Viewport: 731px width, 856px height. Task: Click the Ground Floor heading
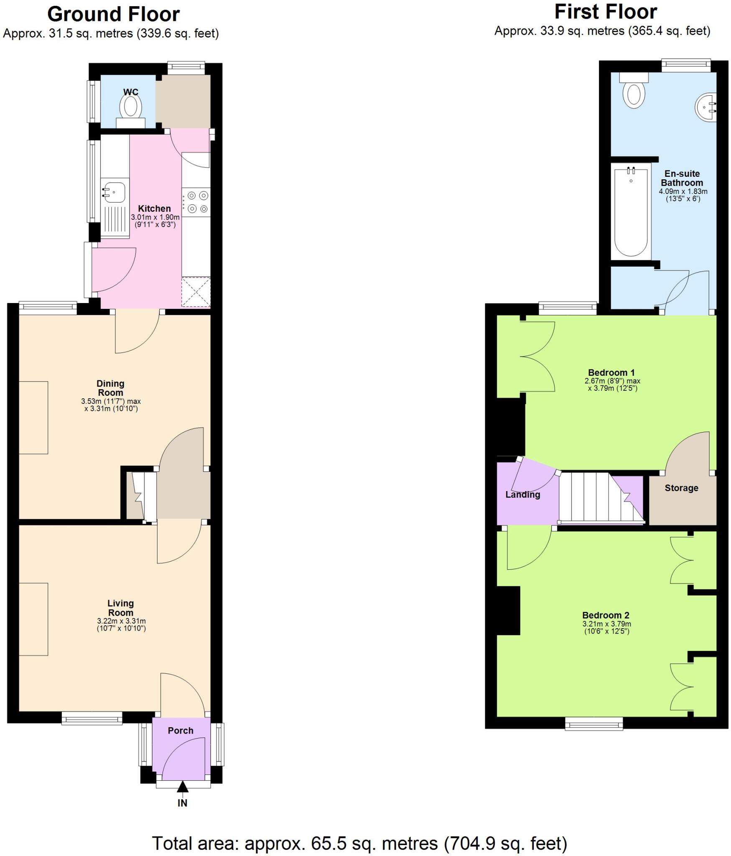(113, 15)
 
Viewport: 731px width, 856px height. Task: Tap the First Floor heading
(605, 12)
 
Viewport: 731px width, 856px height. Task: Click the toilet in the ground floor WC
(131, 107)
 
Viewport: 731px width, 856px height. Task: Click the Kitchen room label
(154, 209)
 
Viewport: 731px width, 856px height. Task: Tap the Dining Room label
(110, 388)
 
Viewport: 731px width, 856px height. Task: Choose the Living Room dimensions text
(121, 624)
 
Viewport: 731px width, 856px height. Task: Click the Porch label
(181, 731)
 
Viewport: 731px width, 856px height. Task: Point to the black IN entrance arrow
(182, 787)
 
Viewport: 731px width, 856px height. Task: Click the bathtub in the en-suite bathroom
(631, 211)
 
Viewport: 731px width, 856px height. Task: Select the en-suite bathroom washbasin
(706, 107)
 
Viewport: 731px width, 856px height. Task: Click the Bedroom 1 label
(611, 372)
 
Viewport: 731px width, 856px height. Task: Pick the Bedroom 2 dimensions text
(606, 627)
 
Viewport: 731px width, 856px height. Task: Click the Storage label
(681, 488)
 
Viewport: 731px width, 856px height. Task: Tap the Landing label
(522, 495)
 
